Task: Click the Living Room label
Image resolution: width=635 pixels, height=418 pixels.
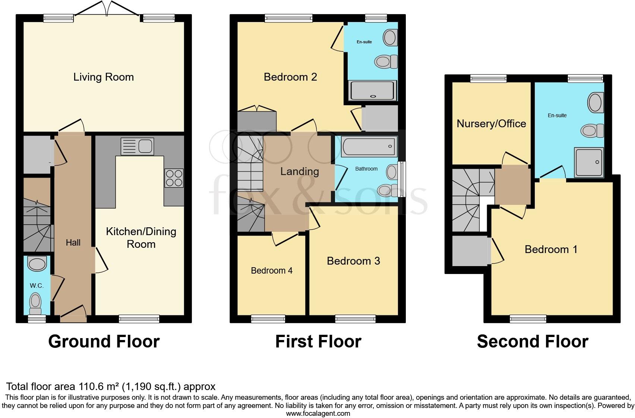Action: point(103,77)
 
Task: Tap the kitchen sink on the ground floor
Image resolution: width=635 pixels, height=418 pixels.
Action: point(137,146)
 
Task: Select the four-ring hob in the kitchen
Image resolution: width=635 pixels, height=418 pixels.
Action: point(174,178)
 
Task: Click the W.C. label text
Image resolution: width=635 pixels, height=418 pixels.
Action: point(37,286)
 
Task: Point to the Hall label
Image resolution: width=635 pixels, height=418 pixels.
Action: point(73,243)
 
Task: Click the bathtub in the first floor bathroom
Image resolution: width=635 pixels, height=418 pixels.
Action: point(369,147)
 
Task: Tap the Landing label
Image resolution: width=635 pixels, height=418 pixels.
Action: point(300,171)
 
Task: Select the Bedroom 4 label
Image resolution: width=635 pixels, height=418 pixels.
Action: point(272,271)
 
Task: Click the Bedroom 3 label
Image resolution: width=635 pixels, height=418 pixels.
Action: point(353,261)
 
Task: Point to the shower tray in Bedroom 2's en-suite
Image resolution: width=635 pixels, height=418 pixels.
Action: point(372,91)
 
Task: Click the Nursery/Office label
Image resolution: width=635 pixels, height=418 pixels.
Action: point(491,124)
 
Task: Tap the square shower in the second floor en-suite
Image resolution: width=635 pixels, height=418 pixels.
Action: point(589,162)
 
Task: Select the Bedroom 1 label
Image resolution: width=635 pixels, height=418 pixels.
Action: point(551,249)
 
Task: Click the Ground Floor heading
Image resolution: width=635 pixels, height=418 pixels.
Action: point(104,341)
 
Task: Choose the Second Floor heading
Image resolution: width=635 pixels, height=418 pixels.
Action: point(533,341)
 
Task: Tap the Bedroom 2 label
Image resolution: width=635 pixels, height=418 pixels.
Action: point(290,77)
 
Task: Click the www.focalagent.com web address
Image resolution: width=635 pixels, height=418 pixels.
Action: point(318,413)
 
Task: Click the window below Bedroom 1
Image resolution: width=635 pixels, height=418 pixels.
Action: point(528,319)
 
